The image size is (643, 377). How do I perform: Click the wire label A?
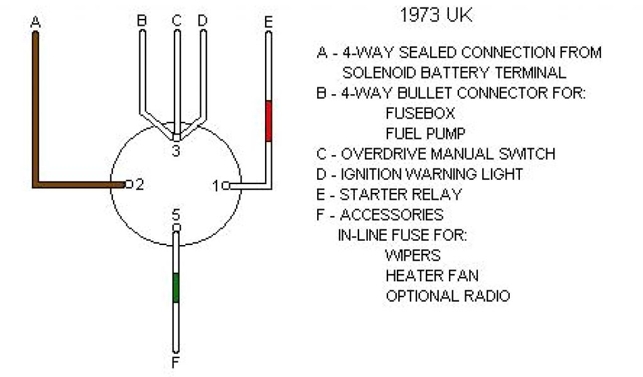[x=36, y=22]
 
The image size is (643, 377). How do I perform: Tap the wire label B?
[x=142, y=21]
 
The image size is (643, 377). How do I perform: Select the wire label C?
[x=177, y=21]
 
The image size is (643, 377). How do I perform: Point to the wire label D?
[x=202, y=21]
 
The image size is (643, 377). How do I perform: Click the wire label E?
[x=268, y=23]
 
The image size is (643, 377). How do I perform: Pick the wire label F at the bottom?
[x=176, y=363]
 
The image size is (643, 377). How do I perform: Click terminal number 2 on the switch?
[x=139, y=185]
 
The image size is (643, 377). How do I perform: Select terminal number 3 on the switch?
[x=176, y=151]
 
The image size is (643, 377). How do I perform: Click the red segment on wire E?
[x=268, y=121]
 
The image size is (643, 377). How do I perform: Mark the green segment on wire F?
[x=176, y=288]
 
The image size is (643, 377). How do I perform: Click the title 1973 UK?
[x=436, y=16]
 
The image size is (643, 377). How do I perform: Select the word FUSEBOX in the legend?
[x=419, y=113]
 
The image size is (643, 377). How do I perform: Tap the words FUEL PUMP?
[x=425, y=133]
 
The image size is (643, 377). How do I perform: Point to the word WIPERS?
[x=413, y=256]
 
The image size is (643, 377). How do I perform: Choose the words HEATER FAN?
[x=431, y=276]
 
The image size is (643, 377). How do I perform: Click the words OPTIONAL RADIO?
[x=447, y=296]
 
